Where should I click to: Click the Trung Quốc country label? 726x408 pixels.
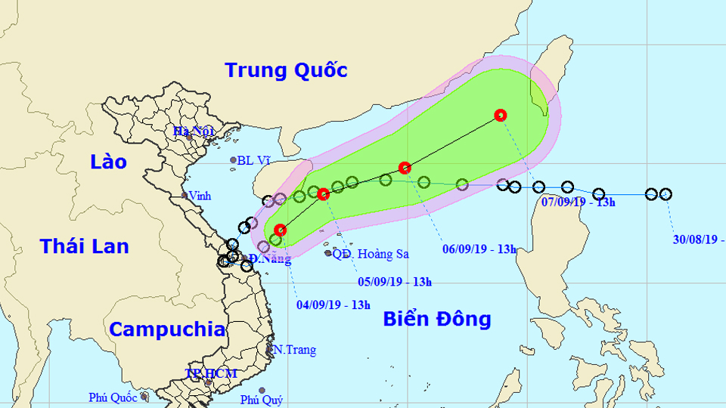[x=287, y=70]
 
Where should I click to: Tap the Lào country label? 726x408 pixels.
[x=108, y=162]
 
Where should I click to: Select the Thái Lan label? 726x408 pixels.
[x=84, y=246]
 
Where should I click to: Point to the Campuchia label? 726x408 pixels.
[x=166, y=329]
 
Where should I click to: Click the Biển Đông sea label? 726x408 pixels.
[x=436, y=318]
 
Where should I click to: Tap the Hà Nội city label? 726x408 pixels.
[x=194, y=131]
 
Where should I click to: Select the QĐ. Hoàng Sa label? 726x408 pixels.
[x=371, y=254]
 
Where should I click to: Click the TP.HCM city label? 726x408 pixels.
[x=211, y=373]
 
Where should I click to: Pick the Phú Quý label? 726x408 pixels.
[x=261, y=400]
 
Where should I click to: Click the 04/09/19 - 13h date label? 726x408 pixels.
[x=334, y=305]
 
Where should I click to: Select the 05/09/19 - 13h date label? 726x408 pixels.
[x=395, y=283]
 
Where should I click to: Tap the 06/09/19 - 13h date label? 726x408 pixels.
[x=479, y=249]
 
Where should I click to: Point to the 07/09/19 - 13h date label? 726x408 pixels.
[x=579, y=202]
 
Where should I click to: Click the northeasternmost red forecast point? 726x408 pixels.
[x=500, y=115]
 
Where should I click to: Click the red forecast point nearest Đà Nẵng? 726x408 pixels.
[x=281, y=230]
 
